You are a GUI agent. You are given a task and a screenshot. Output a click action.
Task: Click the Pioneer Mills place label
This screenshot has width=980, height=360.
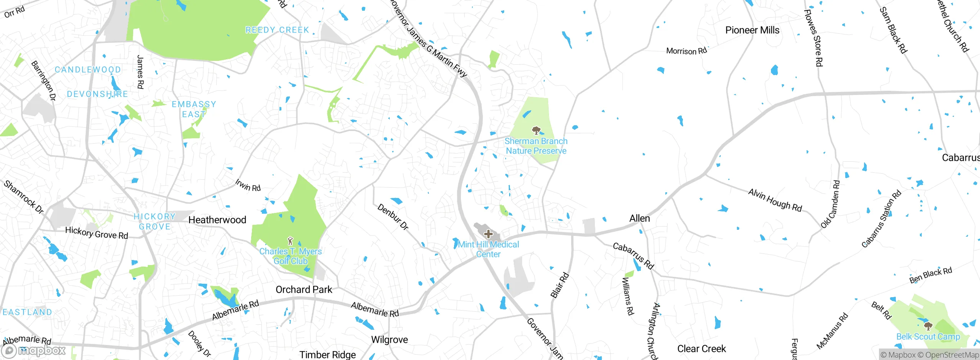(x=752, y=30)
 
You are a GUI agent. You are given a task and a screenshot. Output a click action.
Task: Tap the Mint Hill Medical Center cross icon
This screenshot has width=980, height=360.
(x=488, y=234)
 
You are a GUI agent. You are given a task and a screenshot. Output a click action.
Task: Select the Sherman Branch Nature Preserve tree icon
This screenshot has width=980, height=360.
(x=536, y=131)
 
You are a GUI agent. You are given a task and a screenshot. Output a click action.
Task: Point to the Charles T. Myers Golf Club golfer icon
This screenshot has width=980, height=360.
(x=290, y=241)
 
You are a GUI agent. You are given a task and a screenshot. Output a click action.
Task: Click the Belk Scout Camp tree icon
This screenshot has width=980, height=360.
(x=928, y=326)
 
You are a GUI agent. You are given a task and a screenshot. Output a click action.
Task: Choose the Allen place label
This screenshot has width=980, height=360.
(x=640, y=218)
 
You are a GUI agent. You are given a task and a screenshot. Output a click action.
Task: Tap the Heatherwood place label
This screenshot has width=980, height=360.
(x=217, y=220)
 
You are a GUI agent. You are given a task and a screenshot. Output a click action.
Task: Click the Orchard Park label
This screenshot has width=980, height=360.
(x=304, y=290)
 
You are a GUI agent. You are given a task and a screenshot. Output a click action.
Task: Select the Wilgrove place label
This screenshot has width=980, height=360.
(x=389, y=340)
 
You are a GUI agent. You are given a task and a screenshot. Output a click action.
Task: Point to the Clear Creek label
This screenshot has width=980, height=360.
(x=701, y=349)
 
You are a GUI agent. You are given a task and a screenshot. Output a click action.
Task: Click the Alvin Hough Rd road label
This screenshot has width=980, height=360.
(x=775, y=200)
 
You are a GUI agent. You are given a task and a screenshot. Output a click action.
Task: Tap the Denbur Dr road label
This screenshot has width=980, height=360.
(x=393, y=217)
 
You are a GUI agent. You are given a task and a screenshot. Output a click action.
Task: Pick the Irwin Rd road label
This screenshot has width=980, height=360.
(x=248, y=185)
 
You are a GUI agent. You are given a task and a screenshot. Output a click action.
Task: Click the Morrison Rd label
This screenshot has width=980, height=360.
(x=686, y=51)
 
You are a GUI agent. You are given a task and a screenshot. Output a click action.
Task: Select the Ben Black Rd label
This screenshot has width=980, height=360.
(x=930, y=275)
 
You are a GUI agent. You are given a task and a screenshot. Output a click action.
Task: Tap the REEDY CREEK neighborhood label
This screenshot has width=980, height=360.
(x=277, y=30)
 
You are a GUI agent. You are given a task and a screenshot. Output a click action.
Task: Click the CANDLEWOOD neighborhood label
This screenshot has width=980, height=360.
(x=88, y=70)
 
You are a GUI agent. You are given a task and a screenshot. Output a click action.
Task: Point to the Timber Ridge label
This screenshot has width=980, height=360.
(x=328, y=355)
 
